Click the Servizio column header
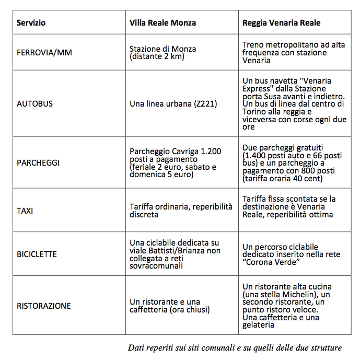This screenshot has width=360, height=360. tap(31, 23)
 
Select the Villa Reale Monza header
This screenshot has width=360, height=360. tap(162, 23)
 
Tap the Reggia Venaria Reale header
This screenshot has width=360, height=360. tap(281, 23)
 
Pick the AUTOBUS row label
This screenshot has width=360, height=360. tap(34, 103)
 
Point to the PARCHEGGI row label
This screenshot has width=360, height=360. tap(38, 162)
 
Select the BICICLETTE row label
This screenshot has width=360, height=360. tap(37, 254)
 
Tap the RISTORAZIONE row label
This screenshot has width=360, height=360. tap(43, 306)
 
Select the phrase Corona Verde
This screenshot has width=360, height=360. tap(272, 261)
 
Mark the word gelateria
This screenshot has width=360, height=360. tap(259, 325)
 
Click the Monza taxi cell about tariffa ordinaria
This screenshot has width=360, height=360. tap(181, 211)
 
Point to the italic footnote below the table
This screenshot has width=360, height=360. tap(235, 347)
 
